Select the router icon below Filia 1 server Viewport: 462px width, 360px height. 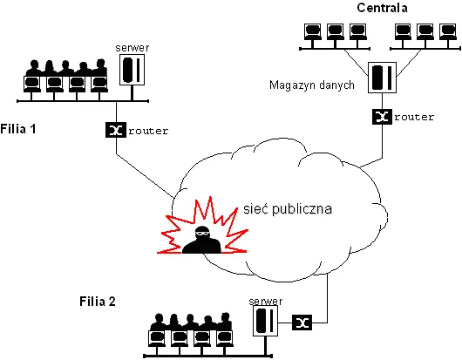(x=115, y=131)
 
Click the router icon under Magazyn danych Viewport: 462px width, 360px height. (x=380, y=116)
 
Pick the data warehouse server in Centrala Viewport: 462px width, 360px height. (x=381, y=78)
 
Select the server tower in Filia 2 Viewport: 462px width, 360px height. (x=264, y=321)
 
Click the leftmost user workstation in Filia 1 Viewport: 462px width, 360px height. (x=34, y=77)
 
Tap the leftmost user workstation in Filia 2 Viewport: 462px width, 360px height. (x=158, y=329)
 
